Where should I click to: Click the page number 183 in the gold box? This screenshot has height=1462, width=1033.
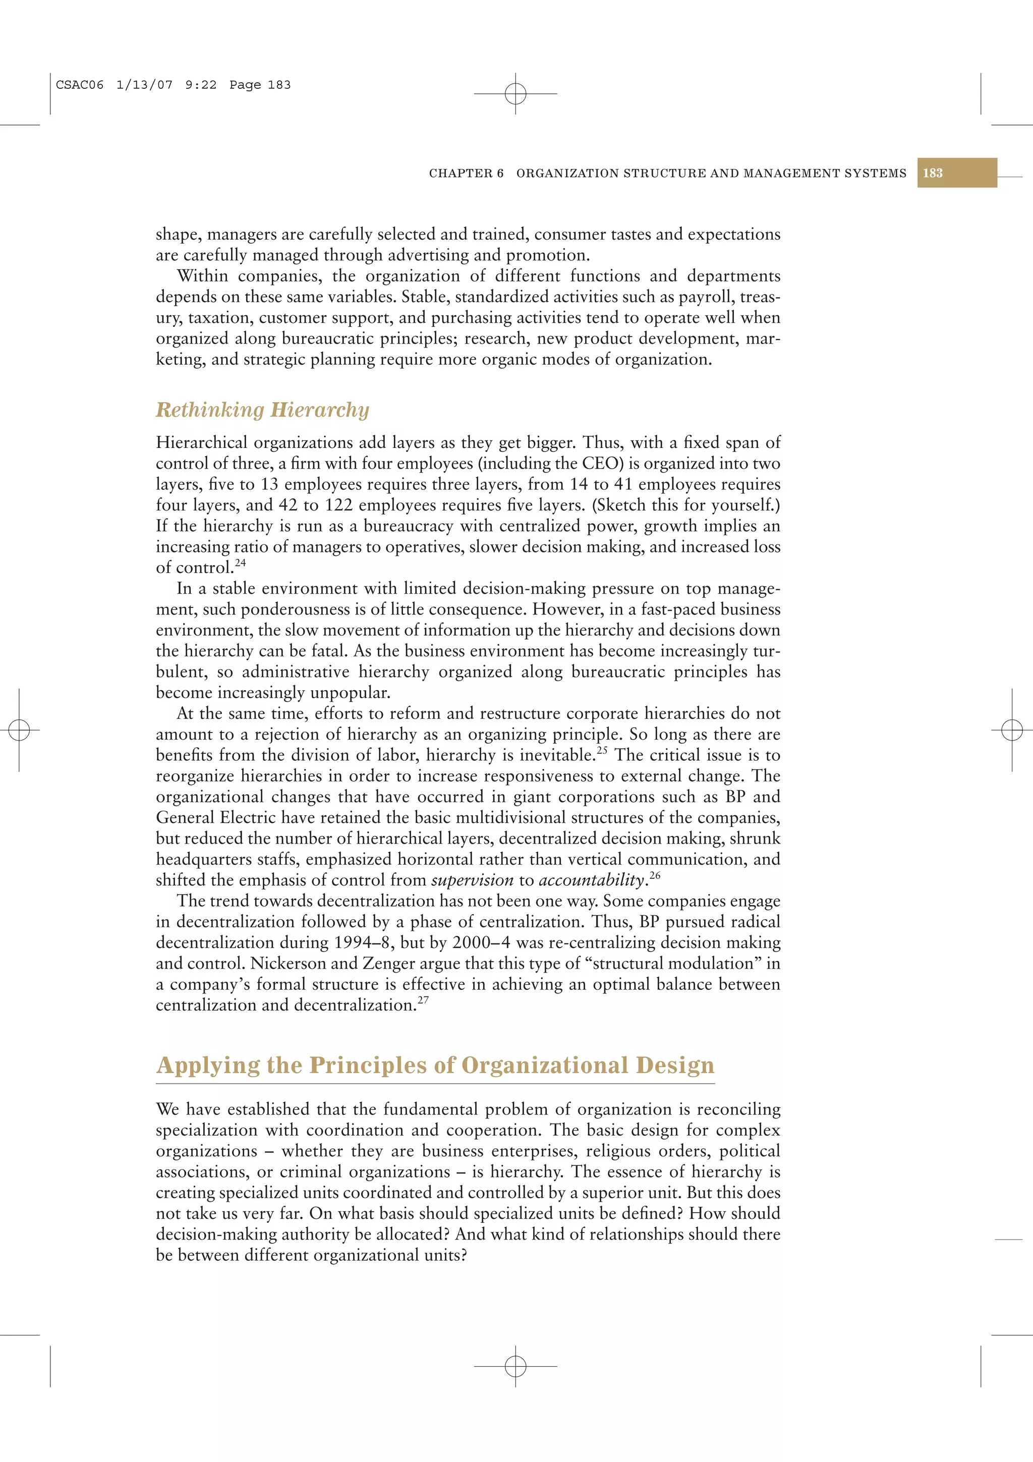point(933,173)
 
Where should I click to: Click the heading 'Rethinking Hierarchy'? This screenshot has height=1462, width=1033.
point(262,410)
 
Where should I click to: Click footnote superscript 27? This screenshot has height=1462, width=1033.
point(423,1000)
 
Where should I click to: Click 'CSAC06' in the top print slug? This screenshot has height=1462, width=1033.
point(80,85)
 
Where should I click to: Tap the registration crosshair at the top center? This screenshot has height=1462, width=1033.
point(515,94)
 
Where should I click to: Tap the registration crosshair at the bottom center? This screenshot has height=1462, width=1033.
point(515,1366)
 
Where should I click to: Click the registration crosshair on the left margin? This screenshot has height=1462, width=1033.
point(19,729)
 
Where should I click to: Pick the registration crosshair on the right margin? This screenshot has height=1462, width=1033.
point(1011,729)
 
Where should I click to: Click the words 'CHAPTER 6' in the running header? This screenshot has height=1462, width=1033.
point(466,173)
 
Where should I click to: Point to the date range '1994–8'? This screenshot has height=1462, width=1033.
point(364,942)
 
